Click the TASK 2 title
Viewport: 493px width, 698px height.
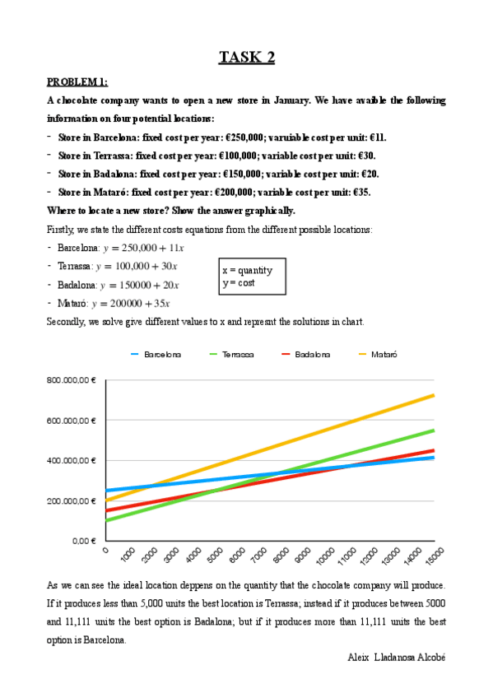(x=246, y=57)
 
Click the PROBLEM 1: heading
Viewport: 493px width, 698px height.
(x=77, y=82)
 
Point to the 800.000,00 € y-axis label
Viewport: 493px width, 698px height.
(x=72, y=380)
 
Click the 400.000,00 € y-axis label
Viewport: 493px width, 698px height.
(x=72, y=460)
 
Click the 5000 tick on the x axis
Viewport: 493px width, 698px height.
(x=212, y=556)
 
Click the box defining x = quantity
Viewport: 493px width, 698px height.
(x=253, y=277)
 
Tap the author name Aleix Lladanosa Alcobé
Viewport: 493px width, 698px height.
(x=397, y=658)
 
